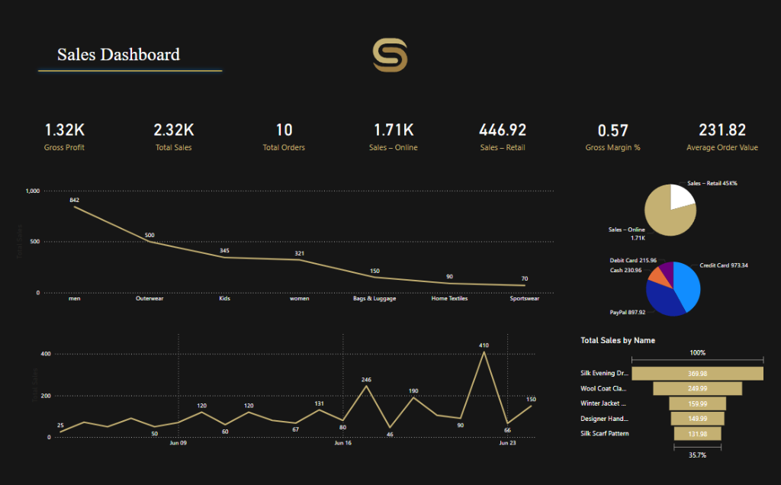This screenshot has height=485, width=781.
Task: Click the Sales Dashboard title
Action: (118, 54)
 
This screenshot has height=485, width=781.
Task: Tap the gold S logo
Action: (390, 56)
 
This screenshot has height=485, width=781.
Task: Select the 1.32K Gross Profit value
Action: (64, 130)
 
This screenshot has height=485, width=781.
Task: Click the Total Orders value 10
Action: (284, 130)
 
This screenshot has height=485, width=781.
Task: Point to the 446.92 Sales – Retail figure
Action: (503, 130)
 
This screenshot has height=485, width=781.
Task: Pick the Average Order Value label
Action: (722, 147)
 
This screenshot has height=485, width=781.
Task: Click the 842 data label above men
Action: (74, 200)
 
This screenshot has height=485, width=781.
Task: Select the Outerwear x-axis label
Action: (149, 298)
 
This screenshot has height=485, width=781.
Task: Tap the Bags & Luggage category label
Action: (374, 298)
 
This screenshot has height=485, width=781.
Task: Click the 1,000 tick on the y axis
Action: (31, 191)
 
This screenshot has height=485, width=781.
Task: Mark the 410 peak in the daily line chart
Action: (484, 345)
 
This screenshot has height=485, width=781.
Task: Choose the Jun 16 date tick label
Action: (342, 442)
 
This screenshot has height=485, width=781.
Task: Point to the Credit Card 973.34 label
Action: (724, 265)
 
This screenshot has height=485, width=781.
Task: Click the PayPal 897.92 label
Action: (628, 312)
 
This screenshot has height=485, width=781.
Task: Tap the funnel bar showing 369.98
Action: (697, 373)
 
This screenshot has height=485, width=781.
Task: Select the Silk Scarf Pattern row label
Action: (604, 433)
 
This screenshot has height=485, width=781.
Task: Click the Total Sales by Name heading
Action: (617, 340)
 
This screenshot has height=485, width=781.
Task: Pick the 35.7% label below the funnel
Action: (697, 454)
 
